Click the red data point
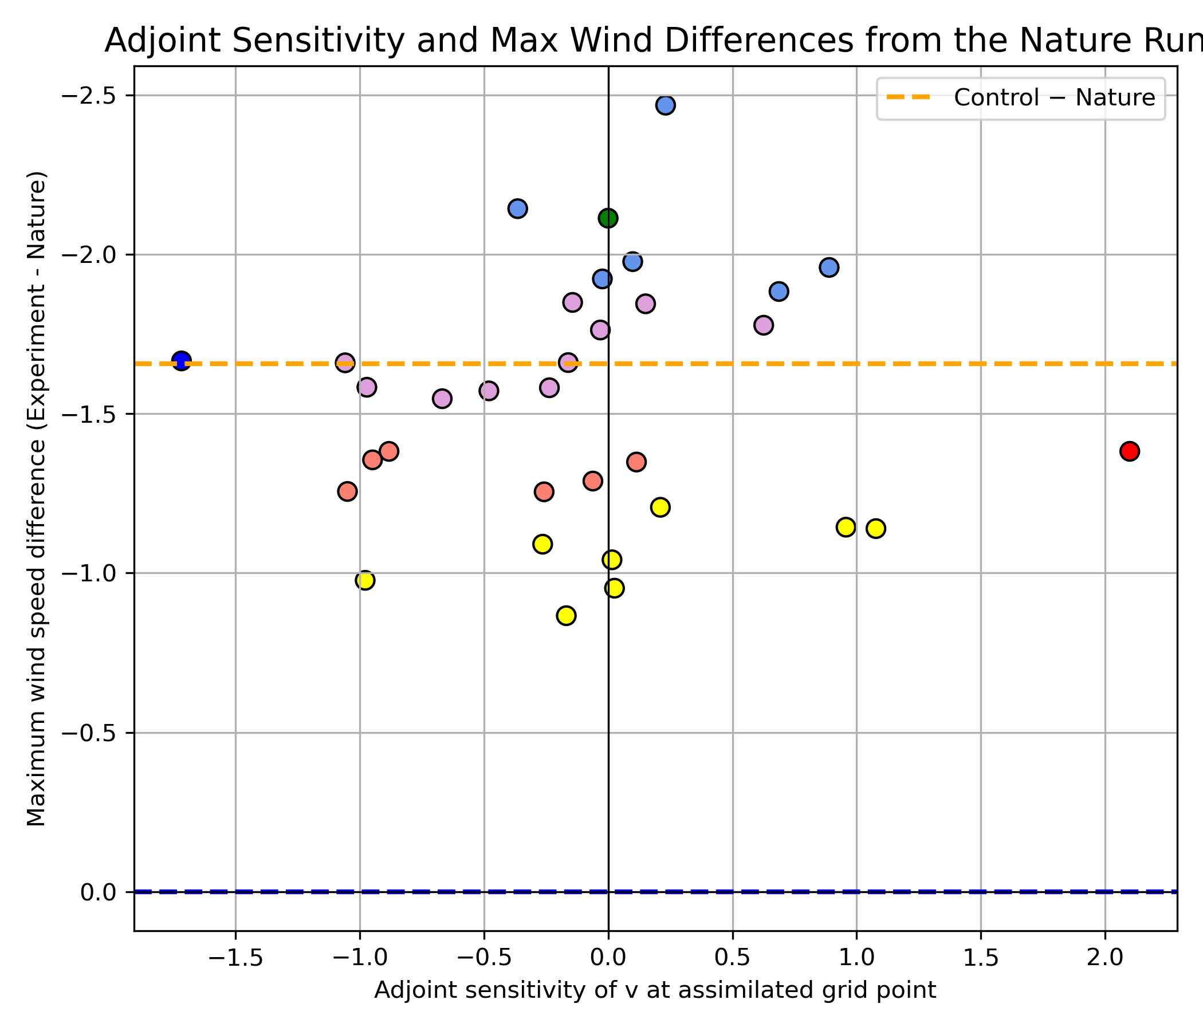(1129, 451)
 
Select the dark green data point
(608, 218)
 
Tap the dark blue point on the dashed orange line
(182, 360)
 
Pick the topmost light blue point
(665, 105)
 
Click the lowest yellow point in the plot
(566, 615)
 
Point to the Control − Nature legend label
(1055, 97)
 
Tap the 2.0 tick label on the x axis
(1105, 958)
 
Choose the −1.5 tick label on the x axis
(235, 958)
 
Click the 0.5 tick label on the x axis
(732, 958)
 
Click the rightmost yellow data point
(875, 528)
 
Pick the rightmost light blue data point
(829, 267)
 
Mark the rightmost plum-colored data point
(764, 325)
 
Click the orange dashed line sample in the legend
(909, 97)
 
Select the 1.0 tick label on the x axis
(856, 958)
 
